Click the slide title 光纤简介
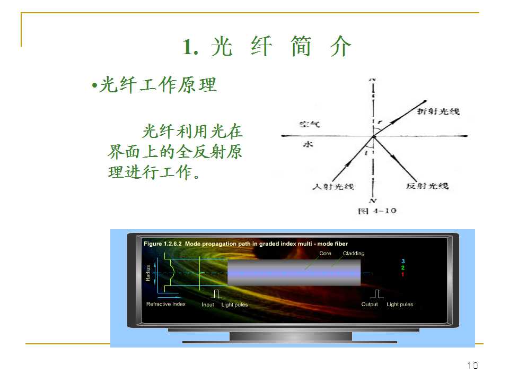click(267, 47)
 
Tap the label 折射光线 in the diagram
click(438, 111)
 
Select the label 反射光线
click(427, 186)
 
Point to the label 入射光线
click(332, 186)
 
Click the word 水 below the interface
click(305, 144)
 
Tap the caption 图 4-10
click(377, 211)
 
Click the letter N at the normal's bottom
click(373, 201)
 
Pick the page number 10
click(472, 366)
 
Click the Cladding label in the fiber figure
click(354, 254)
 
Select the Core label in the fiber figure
click(325, 254)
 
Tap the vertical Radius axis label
click(148, 274)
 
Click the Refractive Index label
click(166, 304)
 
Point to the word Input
click(208, 305)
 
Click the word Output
click(370, 305)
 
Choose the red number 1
click(403, 274)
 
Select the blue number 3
click(403, 262)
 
